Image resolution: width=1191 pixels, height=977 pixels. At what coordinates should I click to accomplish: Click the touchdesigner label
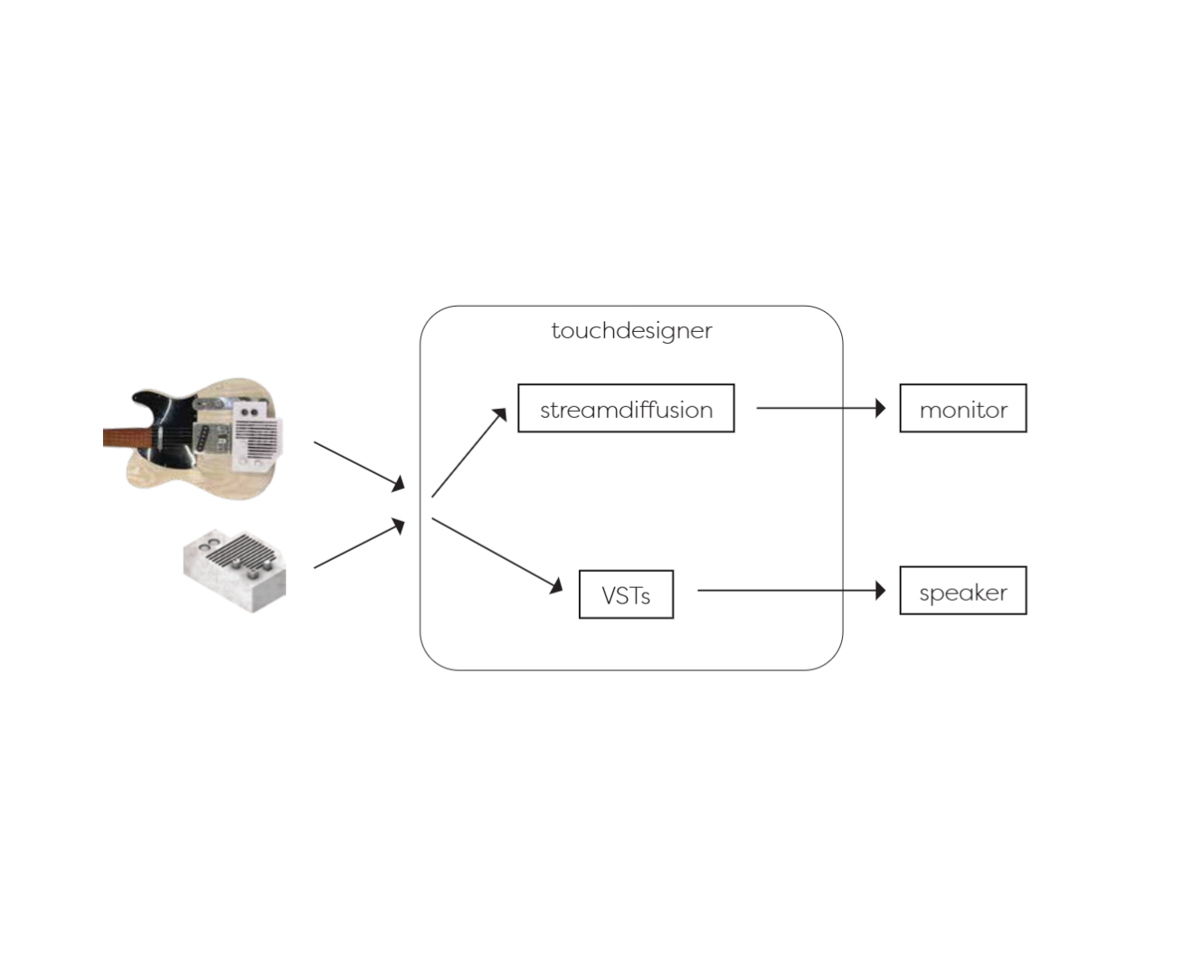tap(631, 330)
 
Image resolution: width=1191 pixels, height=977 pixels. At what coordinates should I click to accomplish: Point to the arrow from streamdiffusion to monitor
tap(820, 407)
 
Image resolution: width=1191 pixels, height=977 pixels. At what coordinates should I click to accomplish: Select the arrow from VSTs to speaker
tap(791, 590)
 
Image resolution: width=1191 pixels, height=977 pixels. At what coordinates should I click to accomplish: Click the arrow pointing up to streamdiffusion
tap(468, 452)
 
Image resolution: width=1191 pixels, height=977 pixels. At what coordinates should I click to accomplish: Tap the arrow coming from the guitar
tap(359, 466)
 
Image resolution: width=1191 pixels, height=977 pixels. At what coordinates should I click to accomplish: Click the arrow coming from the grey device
tap(359, 543)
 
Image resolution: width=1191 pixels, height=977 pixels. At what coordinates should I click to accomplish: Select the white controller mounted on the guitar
tap(257, 435)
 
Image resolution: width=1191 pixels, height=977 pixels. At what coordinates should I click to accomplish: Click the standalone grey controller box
tap(235, 570)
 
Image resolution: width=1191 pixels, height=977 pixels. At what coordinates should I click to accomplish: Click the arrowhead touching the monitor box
tap(881, 407)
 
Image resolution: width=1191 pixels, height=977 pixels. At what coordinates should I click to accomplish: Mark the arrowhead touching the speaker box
tap(881, 590)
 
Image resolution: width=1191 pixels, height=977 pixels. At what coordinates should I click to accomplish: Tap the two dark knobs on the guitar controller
tap(249, 412)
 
